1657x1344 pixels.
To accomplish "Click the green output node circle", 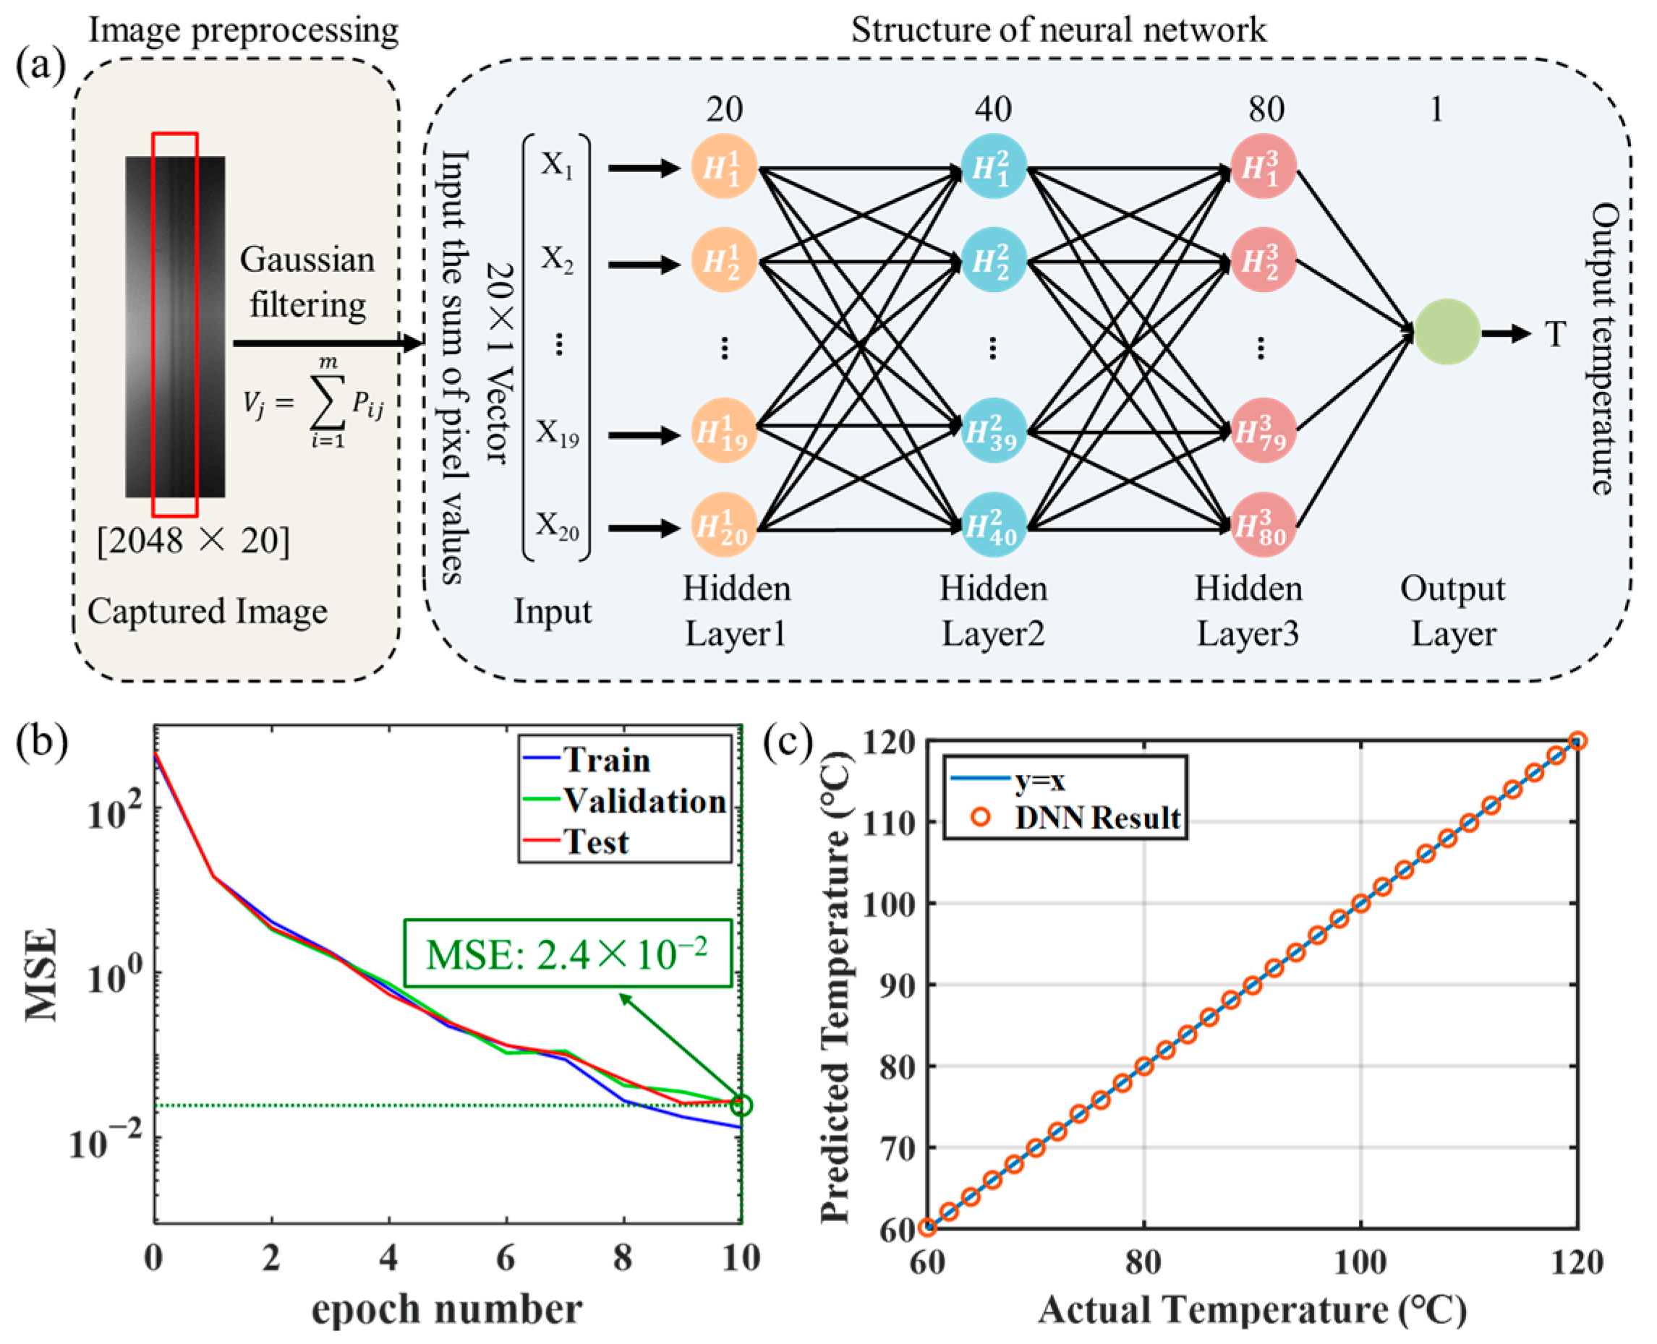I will tap(1447, 332).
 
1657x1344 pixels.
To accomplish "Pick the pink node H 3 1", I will tap(1262, 167).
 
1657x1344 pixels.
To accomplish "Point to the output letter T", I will tap(1555, 335).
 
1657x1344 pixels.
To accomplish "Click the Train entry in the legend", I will tap(606, 761).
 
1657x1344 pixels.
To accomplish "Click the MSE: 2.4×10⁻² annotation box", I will tap(568, 954).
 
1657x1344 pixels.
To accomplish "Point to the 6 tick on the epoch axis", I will tap(506, 1258).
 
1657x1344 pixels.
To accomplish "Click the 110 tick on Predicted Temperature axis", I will tap(890, 821).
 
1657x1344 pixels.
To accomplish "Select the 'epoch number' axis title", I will tap(447, 1310).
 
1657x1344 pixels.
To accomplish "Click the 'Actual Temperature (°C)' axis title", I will tap(1251, 1310).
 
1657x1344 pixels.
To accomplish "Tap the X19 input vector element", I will tap(558, 434).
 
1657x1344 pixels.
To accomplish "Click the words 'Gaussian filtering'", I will tap(307, 282).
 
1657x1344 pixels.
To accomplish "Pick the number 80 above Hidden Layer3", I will tap(1265, 109).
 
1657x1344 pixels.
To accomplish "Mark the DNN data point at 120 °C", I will tap(1577, 741).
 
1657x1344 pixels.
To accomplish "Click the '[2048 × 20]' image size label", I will tap(194, 539).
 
